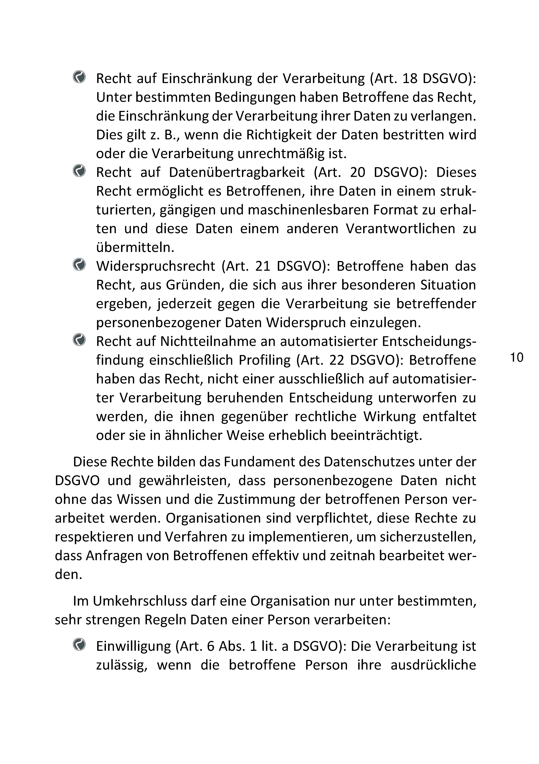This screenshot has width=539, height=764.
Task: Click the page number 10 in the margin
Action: click(x=517, y=357)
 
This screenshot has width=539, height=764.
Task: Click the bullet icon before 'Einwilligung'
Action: click(x=79, y=644)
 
